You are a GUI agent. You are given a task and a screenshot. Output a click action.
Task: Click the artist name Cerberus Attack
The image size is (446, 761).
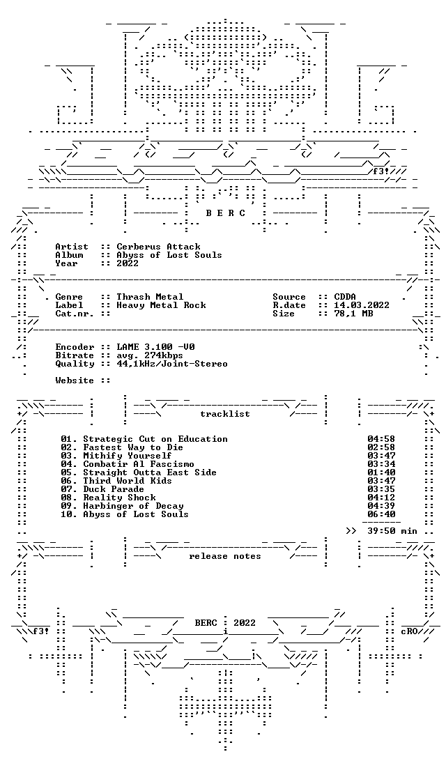click(158, 247)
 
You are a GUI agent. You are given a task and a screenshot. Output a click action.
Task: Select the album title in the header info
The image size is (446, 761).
click(169, 255)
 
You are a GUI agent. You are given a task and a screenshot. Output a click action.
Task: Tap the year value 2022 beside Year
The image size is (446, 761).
click(127, 263)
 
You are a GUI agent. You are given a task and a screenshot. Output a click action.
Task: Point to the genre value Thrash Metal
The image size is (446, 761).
click(150, 297)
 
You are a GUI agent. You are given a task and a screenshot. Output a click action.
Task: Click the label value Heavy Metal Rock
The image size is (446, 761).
click(161, 305)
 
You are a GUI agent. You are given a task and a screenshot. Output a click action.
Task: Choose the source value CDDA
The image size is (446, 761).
click(345, 297)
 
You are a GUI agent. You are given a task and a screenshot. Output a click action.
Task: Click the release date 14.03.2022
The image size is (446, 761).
click(362, 305)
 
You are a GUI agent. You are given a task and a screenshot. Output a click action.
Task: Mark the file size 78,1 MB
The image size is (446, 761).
click(353, 314)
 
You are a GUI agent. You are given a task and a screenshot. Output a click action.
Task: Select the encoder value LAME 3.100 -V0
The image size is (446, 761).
click(156, 347)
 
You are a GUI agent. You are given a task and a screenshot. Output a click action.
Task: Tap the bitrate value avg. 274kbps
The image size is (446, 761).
click(150, 355)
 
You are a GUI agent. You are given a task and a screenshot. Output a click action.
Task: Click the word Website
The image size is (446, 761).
click(75, 380)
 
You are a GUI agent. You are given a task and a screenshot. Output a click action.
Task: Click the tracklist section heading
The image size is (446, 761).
click(225, 414)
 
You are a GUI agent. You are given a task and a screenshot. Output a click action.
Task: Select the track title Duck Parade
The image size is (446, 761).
click(114, 489)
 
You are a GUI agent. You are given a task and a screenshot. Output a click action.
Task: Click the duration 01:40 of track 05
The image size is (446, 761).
click(381, 472)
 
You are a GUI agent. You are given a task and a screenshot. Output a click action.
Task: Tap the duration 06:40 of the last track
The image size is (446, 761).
click(381, 514)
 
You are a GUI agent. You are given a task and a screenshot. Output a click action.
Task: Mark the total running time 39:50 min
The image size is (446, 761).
click(392, 531)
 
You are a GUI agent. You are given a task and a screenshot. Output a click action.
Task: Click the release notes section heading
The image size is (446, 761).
click(225, 556)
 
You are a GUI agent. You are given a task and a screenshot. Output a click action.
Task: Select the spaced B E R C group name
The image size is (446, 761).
click(226, 213)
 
